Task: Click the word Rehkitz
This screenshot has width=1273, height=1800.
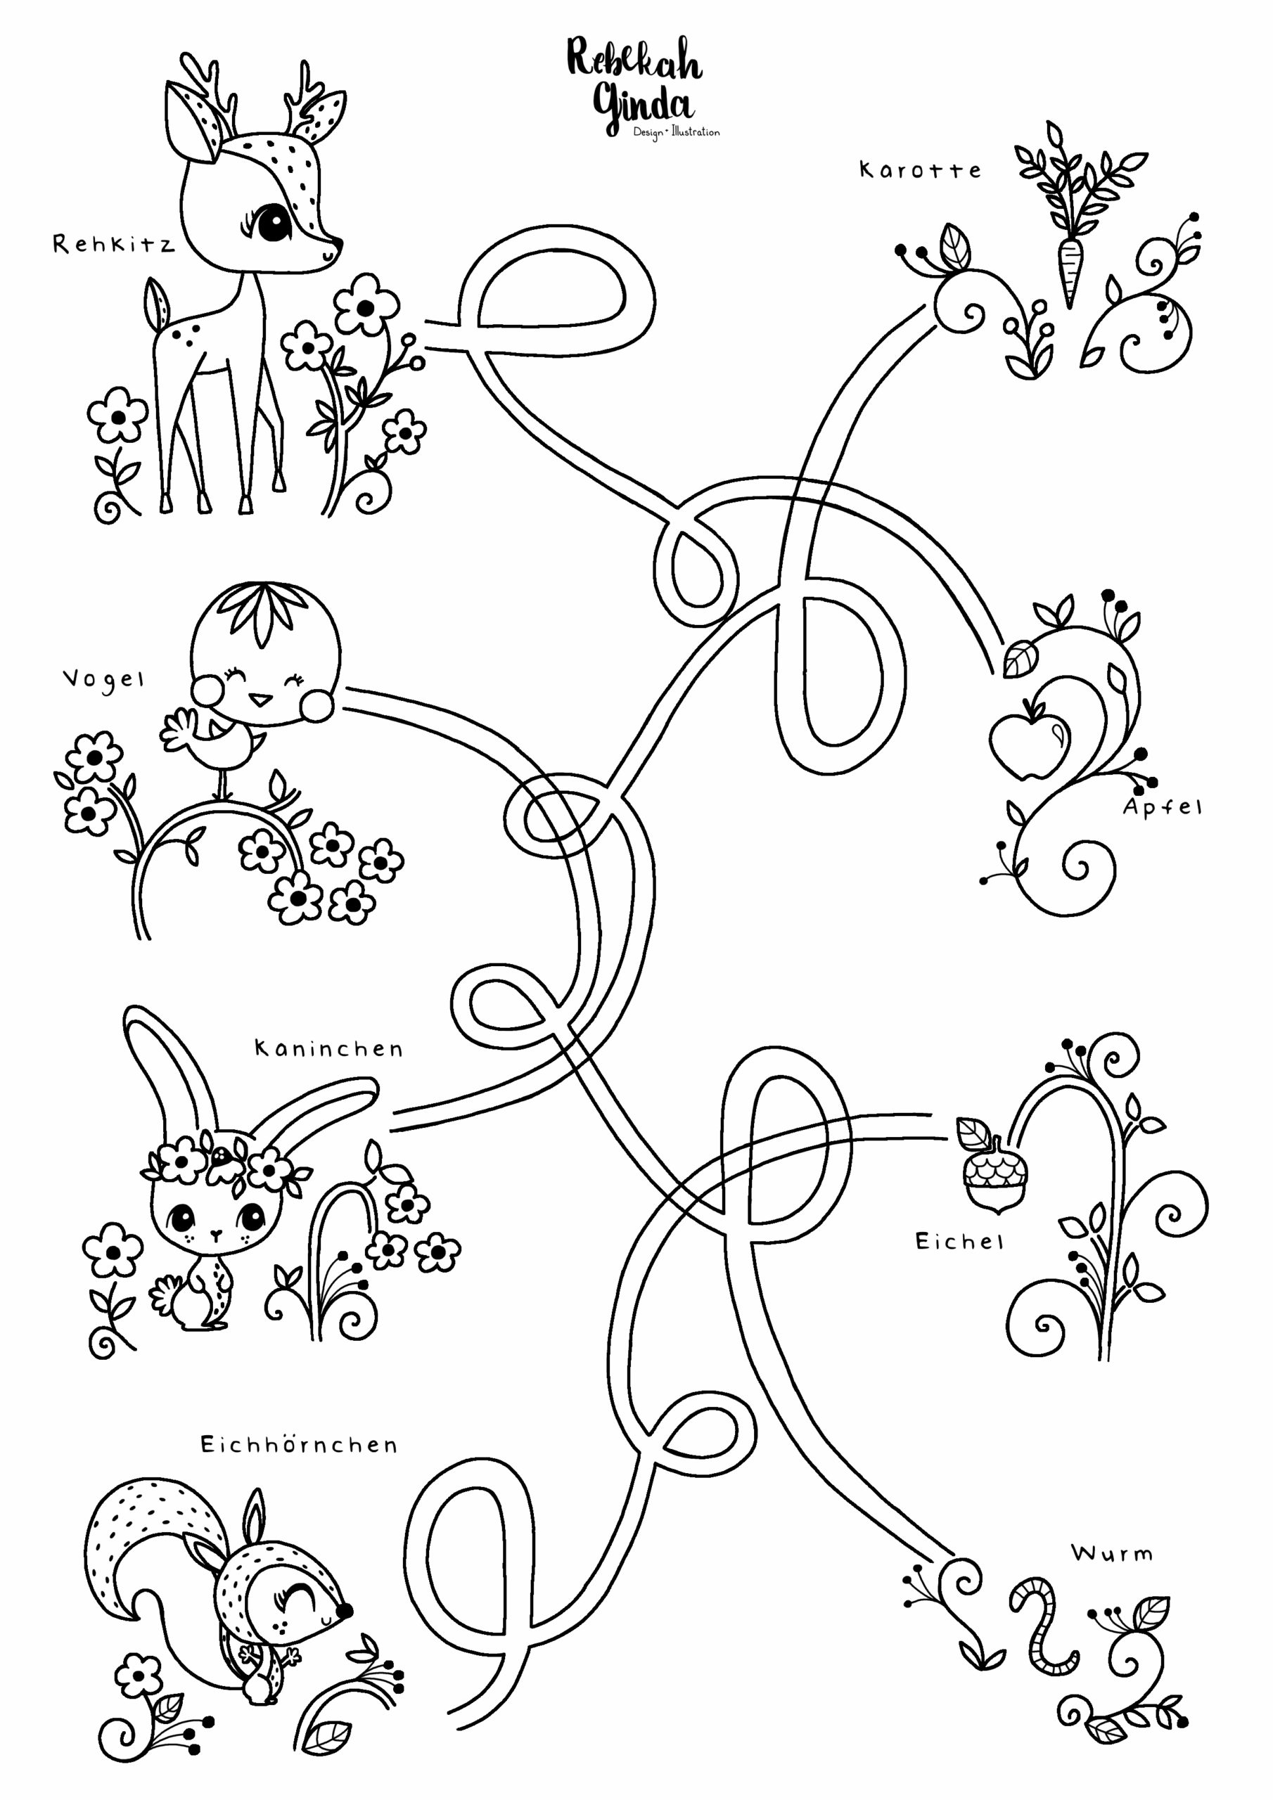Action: [114, 244]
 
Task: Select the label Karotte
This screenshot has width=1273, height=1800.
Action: [920, 170]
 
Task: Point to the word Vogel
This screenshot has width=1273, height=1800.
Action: [103, 680]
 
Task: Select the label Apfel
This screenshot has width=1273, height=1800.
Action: [1162, 807]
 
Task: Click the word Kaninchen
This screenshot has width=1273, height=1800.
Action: [328, 1048]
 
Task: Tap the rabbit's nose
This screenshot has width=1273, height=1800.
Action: [216, 1233]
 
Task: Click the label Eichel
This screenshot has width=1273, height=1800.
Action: [959, 1241]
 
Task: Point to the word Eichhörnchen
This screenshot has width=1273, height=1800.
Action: [299, 1444]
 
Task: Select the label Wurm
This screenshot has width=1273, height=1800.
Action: [1112, 1553]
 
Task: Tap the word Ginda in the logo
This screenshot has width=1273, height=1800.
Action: [643, 108]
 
